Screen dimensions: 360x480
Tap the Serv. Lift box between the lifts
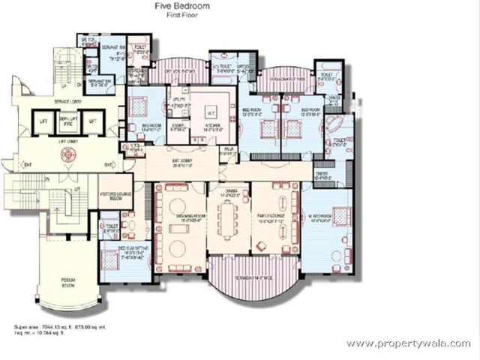(x=69, y=121)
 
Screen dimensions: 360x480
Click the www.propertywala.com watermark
(x=408, y=343)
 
